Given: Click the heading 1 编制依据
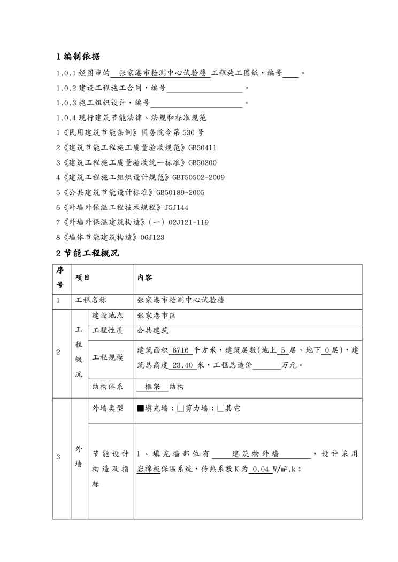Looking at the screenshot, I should pyautogui.click(x=78, y=57).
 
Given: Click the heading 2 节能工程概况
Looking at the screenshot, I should pyautogui.click(x=88, y=253).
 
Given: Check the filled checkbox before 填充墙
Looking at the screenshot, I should pyautogui.click(x=141, y=409).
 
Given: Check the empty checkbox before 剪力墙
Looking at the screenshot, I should pyautogui.click(x=180, y=409).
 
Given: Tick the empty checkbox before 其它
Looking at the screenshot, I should pyautogui.click(x=221, y=409).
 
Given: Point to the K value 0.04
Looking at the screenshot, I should pyautogui.click(x=261, y=470).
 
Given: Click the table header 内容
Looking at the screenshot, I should pyautogui.click(x=145, y=278).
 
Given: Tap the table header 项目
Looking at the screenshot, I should pyautogui.click(x=82, y=278).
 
